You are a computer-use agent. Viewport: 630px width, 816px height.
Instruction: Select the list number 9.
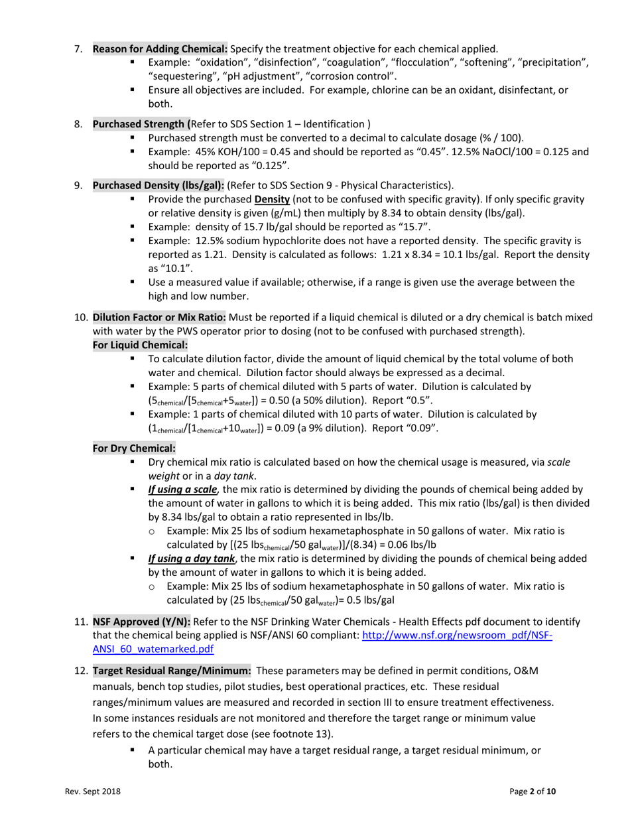coord(77,185)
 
